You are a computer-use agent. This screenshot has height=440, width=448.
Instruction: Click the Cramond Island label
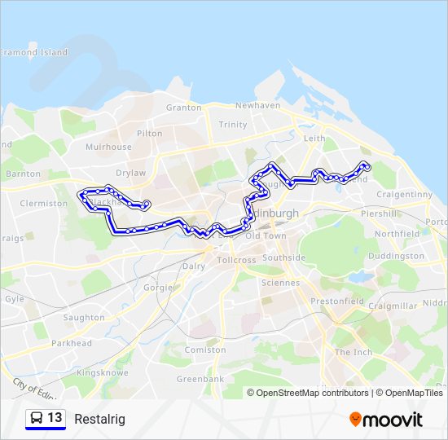[33, 52]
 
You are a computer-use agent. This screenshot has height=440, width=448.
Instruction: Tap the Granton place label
[183, 108]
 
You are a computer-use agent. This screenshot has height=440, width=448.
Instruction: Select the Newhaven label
[257, 106]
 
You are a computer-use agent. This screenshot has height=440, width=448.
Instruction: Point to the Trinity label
[233, 125]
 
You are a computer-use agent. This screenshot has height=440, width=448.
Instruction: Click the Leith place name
[314, 139]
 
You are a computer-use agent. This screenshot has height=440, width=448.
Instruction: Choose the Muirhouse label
[108, 147]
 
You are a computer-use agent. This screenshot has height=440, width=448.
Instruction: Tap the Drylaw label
[131, 173]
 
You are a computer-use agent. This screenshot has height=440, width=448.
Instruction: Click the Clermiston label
[43, 204]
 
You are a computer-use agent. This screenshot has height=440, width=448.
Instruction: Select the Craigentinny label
[405, 195]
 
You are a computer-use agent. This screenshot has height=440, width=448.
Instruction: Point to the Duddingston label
[396, 256]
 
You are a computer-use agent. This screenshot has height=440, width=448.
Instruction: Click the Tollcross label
[237, 261]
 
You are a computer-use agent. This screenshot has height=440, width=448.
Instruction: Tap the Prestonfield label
[336, 301]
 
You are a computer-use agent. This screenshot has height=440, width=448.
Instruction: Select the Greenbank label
[200, 379]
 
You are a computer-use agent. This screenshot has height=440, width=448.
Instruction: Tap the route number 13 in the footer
[55, 418]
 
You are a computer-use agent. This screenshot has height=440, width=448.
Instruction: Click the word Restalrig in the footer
[99, 419]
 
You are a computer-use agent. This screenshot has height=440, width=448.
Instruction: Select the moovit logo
[386, 419]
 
